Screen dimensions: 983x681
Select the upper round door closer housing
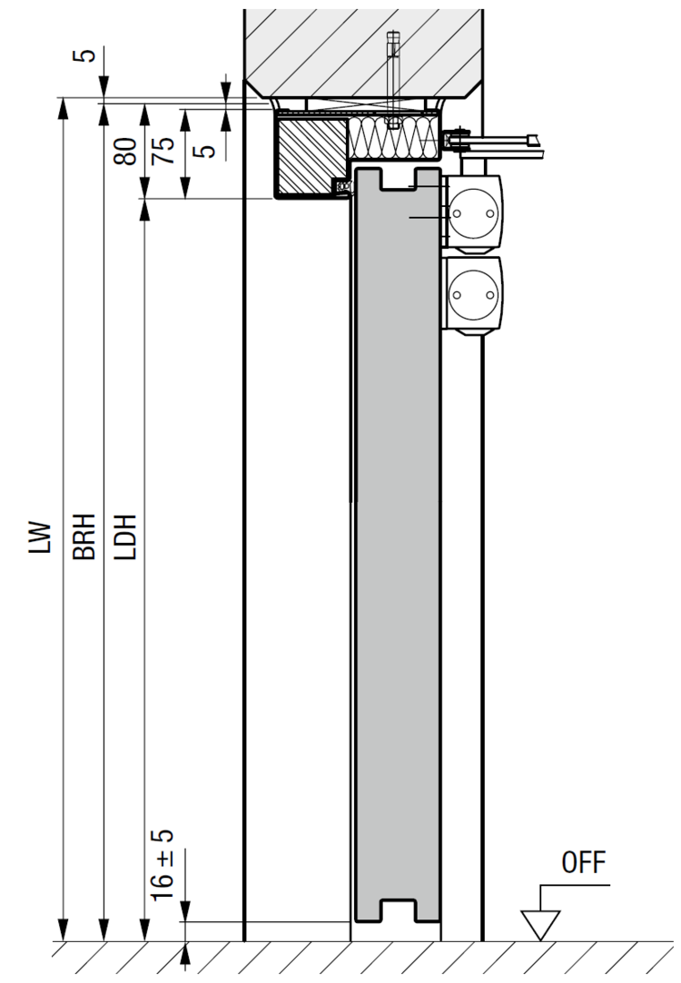click(x=473, y=214)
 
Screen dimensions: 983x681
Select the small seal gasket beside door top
click(x=343, y=186)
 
